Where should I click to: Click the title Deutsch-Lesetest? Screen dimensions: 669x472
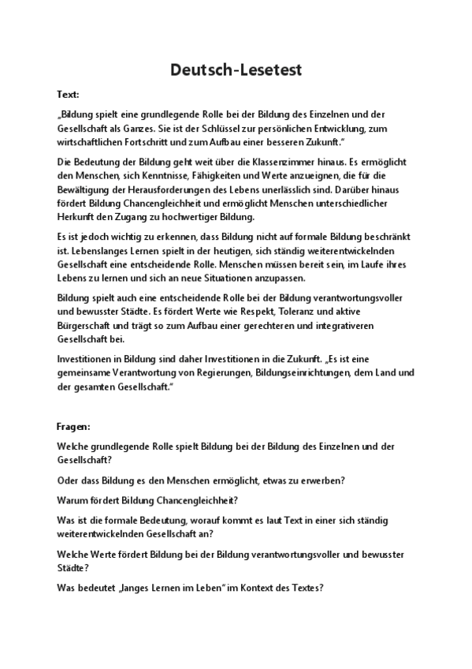(x=236, y=70)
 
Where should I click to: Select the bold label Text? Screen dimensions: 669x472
(x=68, y=94)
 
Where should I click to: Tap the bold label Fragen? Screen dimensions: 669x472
(x=74, y=427)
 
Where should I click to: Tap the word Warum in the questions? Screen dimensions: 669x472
(x=72, y=500)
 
